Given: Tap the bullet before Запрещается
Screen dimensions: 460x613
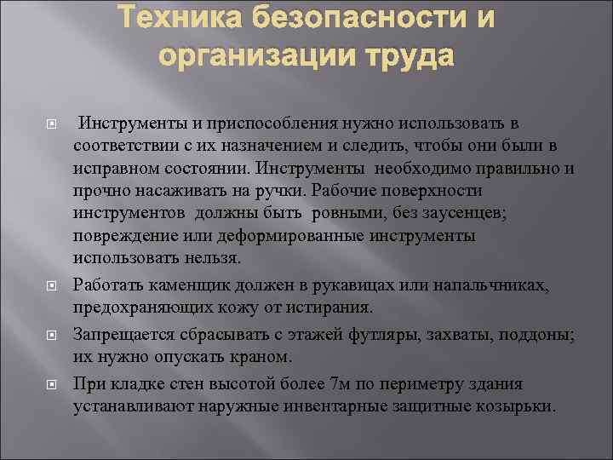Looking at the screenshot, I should (51, 336).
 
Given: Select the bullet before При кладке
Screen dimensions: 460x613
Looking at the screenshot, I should (51, 384).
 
